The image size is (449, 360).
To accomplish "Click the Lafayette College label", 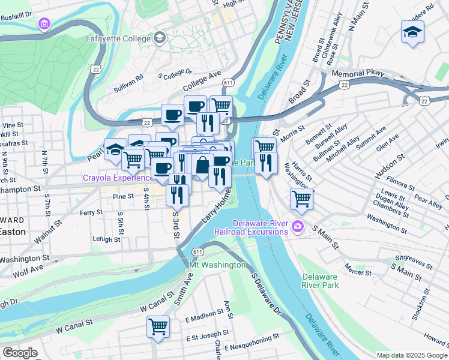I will coord(120,39).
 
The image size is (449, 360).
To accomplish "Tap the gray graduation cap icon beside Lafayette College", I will coord(159,39).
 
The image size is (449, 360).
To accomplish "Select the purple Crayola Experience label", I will coord(119,178).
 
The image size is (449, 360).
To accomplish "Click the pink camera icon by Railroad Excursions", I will coord(298,227).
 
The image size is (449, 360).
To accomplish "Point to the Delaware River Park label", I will coord(321,281).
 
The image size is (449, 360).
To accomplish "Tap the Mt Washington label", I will coord(217,265).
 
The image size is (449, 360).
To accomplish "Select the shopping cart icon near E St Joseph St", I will coord(158,328).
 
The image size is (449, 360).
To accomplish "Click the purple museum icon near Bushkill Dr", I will coord(44,24).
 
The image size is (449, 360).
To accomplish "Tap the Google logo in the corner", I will coord(20,353).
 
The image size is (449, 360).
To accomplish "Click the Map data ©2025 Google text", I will coord(412,355).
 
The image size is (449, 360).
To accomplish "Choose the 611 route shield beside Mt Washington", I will coord(198,253).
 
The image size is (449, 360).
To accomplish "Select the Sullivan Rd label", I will coord(129,85).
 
